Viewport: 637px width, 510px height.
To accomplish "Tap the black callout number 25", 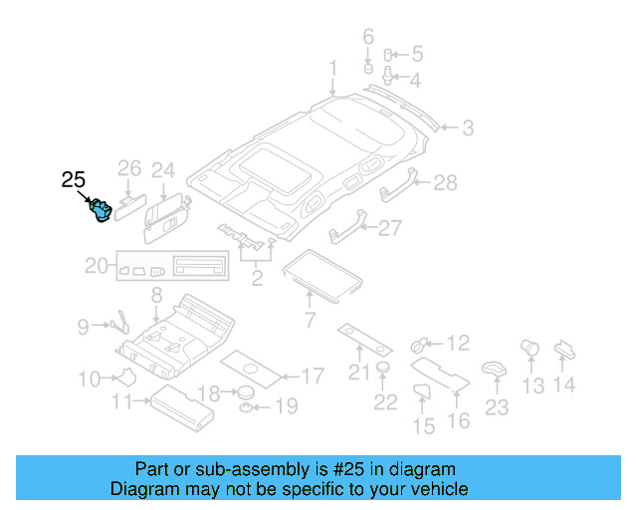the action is [74, 179].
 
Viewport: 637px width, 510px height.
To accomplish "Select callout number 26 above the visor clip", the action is [129, 168].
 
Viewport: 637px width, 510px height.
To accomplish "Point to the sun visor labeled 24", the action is [166, 218].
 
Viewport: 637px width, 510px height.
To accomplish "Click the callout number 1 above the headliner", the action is [333, 68].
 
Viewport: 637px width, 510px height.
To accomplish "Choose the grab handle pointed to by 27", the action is [348, 227].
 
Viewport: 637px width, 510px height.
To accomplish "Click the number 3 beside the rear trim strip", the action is [468, 128].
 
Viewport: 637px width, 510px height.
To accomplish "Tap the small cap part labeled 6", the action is [368, 68].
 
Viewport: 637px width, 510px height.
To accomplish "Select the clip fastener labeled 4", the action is [387, 76].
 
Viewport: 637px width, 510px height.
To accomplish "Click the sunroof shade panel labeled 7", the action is [322, 276].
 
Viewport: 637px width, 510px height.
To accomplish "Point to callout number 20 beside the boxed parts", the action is [97, 266].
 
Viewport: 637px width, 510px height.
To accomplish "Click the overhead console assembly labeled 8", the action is [176, 336].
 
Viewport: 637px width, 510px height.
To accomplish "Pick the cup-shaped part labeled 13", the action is [530, 348].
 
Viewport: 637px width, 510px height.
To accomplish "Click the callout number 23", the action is [497, 407].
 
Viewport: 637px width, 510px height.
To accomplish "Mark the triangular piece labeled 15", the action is [421, 390].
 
